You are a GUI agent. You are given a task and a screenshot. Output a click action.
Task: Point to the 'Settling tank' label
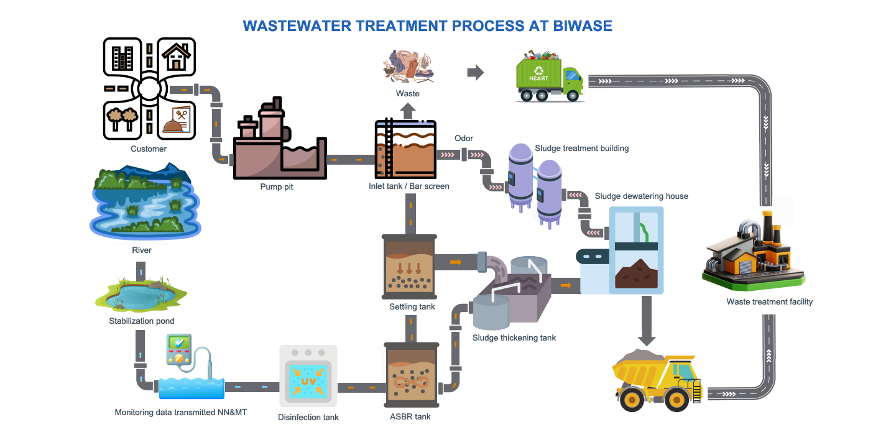pos(412,306)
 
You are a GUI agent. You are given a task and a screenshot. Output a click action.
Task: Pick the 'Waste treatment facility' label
pos(769,302)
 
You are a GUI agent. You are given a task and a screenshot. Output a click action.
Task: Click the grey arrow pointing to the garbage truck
pos(476,73)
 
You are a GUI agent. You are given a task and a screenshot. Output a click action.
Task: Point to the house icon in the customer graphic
pos(176,56)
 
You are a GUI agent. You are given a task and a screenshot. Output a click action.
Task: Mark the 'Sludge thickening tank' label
pos(514,338)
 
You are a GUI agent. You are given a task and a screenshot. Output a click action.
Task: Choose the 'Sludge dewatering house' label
pos(641,196)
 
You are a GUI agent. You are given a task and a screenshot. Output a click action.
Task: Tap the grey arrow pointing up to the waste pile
pos(408,111)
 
